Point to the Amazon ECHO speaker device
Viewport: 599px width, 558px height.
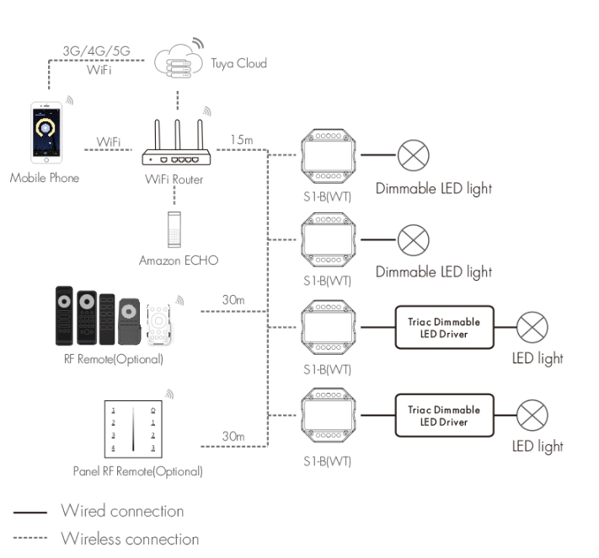174,226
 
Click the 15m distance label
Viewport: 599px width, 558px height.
243,137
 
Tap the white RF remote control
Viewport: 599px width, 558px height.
160,323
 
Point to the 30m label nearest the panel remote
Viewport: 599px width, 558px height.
233,436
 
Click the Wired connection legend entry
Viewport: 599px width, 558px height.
121,511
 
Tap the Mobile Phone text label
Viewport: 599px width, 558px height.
45,179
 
